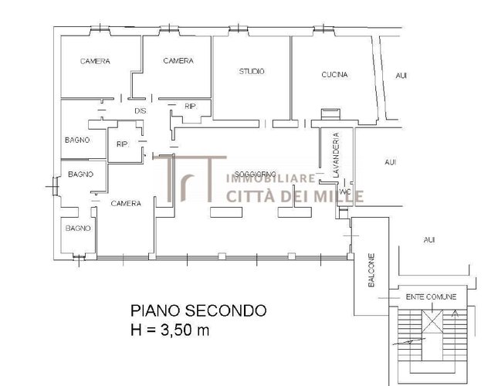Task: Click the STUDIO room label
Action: (x=252, y=72)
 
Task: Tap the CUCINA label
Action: (x=334, y=75)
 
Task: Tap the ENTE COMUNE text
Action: (x=431, y=296)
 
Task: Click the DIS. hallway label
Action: (x=140, y=111)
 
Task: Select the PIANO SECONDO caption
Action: (x=198, y=311)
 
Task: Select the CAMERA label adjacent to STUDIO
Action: (x=178, y=61)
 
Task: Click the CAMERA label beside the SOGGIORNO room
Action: (x=125, y=204)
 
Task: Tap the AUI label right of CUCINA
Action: (x=401, y=76)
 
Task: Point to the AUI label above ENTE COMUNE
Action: (x=429, y=240)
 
